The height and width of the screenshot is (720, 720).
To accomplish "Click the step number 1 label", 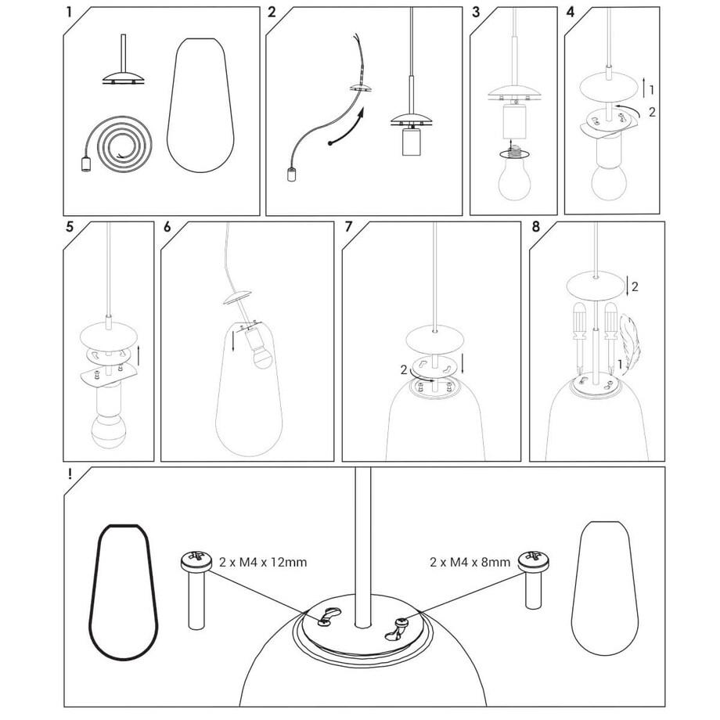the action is click(69, 12).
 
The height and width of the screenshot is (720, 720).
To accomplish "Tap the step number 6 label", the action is click(167, 227).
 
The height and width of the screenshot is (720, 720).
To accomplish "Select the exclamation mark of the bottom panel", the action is click(70, 474).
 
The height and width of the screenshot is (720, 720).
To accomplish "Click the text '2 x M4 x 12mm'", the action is click(263, 562).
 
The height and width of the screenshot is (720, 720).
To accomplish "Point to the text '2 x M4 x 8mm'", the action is click(470, 562).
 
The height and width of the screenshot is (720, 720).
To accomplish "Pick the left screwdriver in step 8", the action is click(579, 337).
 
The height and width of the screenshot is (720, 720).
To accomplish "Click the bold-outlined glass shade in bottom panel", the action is click(123, 592).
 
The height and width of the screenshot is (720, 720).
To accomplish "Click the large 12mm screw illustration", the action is click(196, 589).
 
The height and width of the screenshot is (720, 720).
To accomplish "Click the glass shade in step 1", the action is click(200, 105).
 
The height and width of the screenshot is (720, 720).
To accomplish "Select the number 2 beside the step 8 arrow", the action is click(635, 287).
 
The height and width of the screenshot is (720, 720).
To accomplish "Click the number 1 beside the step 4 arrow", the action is click(652, 90).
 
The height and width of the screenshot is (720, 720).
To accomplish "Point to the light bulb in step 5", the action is click(108, 432).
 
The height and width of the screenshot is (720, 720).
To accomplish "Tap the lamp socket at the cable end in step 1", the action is click(85, 165).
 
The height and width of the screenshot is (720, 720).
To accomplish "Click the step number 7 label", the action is click(349, 227).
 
